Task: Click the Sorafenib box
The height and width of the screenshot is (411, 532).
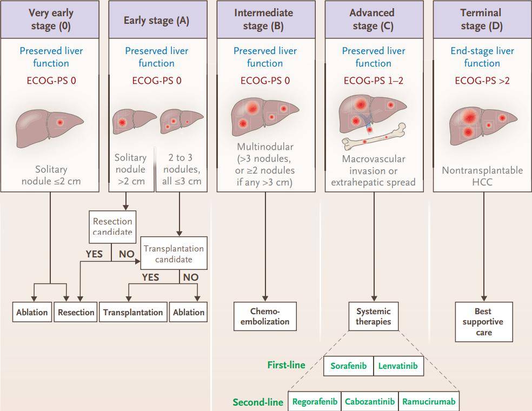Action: coord(349,366)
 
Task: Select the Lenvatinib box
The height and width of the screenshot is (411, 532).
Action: coord(398,366)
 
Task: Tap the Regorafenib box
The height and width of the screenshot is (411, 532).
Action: coord(315,402)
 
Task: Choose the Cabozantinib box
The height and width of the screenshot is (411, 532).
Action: coord(370,402)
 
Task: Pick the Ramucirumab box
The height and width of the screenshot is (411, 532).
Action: coord(429,402)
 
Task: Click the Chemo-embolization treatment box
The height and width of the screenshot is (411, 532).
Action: coord(265,316)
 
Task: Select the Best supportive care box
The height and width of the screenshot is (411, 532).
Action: coord(483,322)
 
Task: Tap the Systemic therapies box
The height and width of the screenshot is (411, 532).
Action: coord(373,316)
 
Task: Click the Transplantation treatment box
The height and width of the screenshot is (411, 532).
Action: coord(133,312)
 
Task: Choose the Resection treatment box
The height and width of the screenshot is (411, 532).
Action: coord(76,312)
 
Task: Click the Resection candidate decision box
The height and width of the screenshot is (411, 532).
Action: coord(112,227)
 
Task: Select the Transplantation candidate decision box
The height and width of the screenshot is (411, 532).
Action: coord(174,254)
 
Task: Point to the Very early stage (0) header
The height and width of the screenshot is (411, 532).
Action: coord(50,19)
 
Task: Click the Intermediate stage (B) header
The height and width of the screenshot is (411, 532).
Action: coord(265,19)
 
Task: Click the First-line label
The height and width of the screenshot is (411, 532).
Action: coord(286,365)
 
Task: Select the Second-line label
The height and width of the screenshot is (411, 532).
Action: coord(258,402)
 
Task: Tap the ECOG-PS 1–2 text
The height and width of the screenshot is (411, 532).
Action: coord(373,81)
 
